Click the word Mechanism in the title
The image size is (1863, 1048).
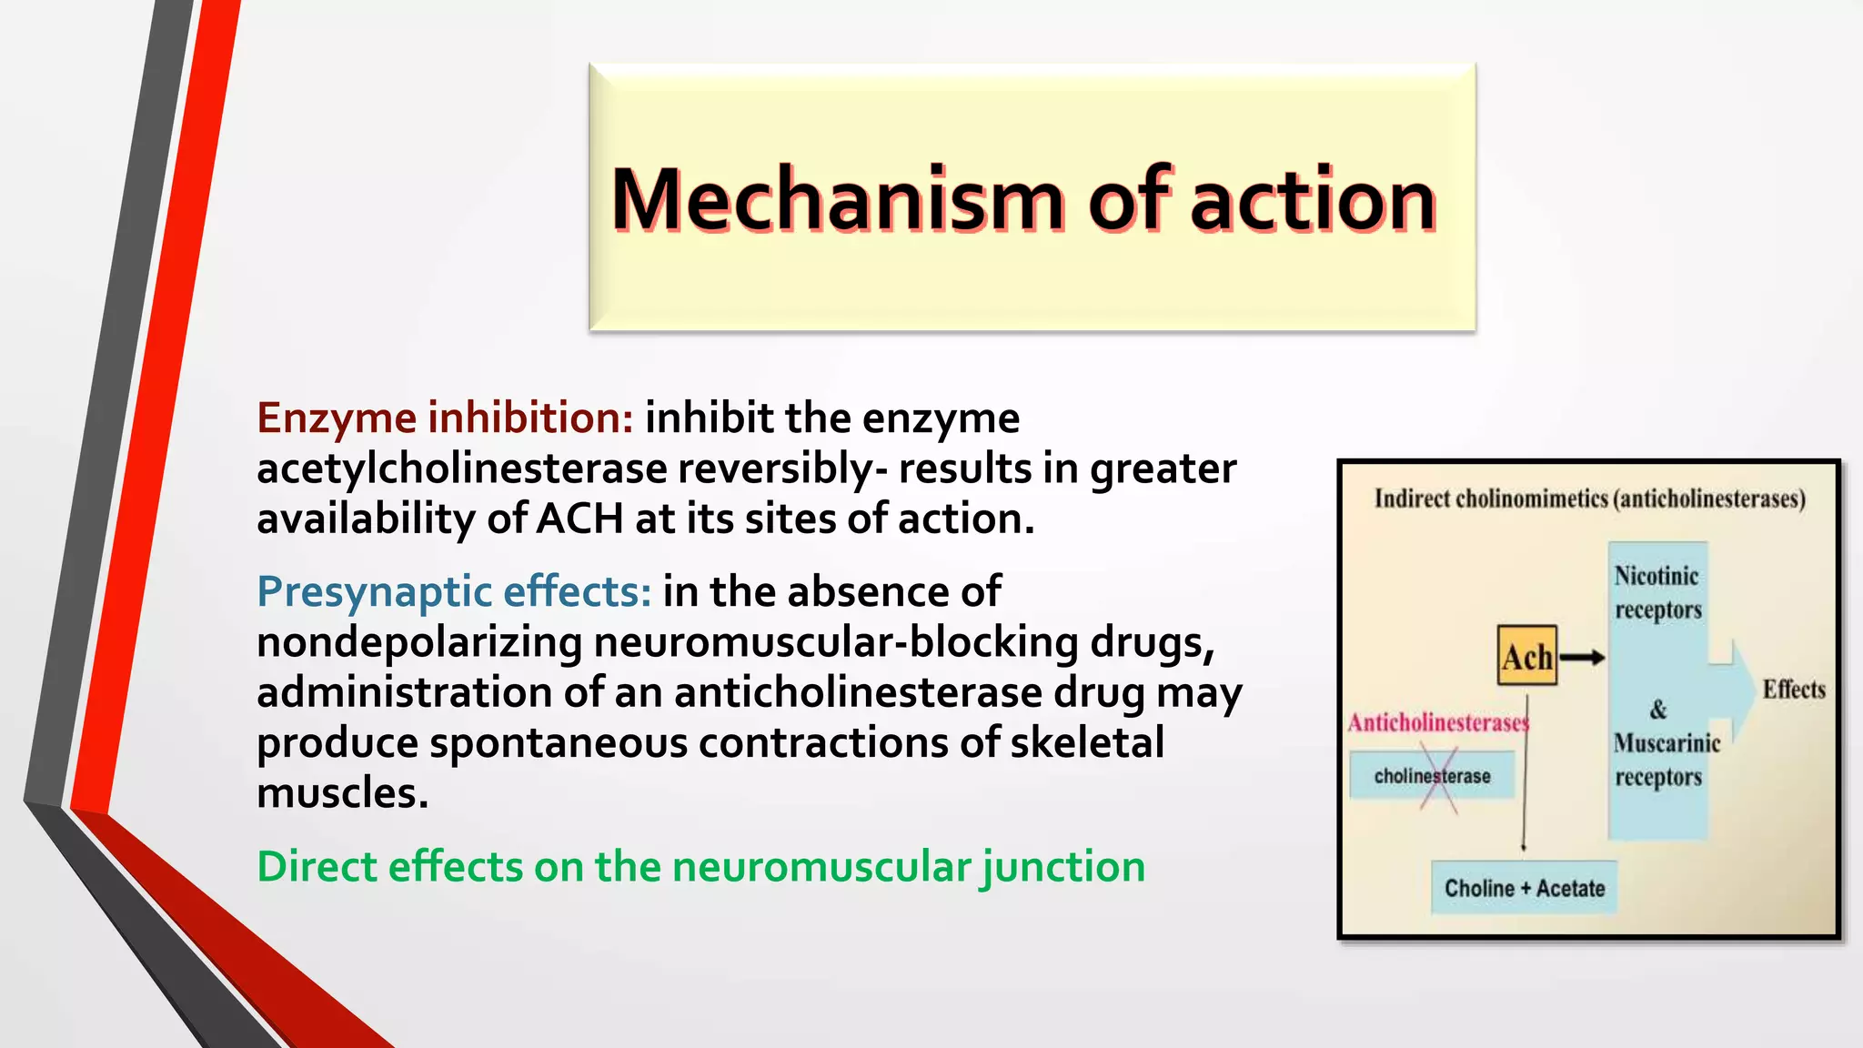coord(837,200)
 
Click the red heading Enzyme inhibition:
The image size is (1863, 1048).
coord(445,418)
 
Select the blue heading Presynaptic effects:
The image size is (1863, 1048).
coord(454,591)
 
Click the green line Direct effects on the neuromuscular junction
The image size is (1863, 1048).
coord(700,866)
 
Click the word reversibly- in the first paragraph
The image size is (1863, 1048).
coord(782,469)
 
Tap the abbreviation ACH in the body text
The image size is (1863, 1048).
coord(579,519)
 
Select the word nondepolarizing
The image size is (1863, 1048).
coord(419,642)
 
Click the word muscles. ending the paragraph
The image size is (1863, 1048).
coord(342,793)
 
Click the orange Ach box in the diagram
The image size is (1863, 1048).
coord(1526,656)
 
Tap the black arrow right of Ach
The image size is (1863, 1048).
coord(1583,657)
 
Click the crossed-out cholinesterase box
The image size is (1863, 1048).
coord(1432,776)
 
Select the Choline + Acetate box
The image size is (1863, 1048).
coord(1525,888)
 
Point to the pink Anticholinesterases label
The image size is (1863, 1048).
coord(1437,722)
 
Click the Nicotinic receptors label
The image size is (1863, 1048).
coord(1657,592)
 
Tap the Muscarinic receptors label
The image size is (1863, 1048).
coord(1666,760)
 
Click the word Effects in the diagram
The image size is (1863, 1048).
coord(1793,690)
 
